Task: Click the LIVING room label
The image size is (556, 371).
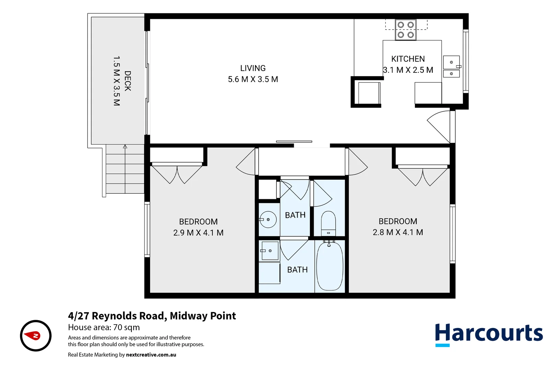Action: click(253, 68)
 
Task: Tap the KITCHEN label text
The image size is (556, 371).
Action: click(408, 59)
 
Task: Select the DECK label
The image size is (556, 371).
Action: click(128, 81)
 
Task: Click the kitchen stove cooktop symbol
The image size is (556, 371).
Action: click(405, 30)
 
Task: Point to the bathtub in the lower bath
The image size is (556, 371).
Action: click(329, 267)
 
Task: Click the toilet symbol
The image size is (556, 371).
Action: click(328, 223)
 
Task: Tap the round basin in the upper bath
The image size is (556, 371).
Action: click(268, 220)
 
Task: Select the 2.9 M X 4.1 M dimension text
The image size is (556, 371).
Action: click(198, 233)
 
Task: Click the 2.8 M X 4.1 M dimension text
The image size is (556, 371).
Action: click(398, 232)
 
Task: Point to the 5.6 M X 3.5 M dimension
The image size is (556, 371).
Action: click(253, 79)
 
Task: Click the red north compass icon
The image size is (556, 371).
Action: click(36, 336)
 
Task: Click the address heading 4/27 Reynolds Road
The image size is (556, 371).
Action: click(152, 316)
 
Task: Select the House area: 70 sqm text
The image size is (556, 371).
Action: click(104, 327)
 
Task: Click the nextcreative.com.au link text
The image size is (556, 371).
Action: click(151, 355)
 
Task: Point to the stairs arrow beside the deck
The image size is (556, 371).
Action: click(125, 147)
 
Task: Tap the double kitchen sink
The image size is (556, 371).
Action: click(451, 67)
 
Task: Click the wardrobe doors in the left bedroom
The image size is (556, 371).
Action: click(177, 174)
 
